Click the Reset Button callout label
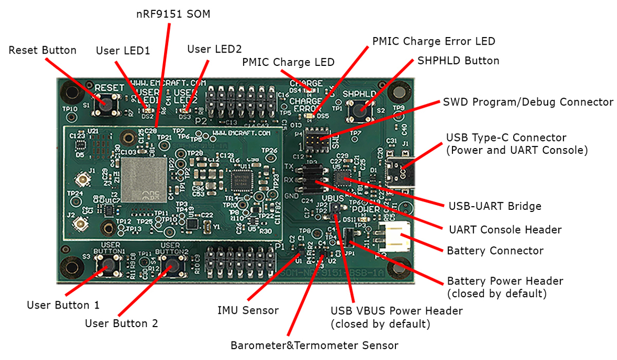(43, 50)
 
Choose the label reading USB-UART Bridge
(494, 206)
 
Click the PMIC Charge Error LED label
(434, 41)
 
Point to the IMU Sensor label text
(248, 310)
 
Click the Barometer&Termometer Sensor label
(314, 345)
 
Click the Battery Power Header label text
(505, 281)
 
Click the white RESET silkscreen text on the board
(110, 87)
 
